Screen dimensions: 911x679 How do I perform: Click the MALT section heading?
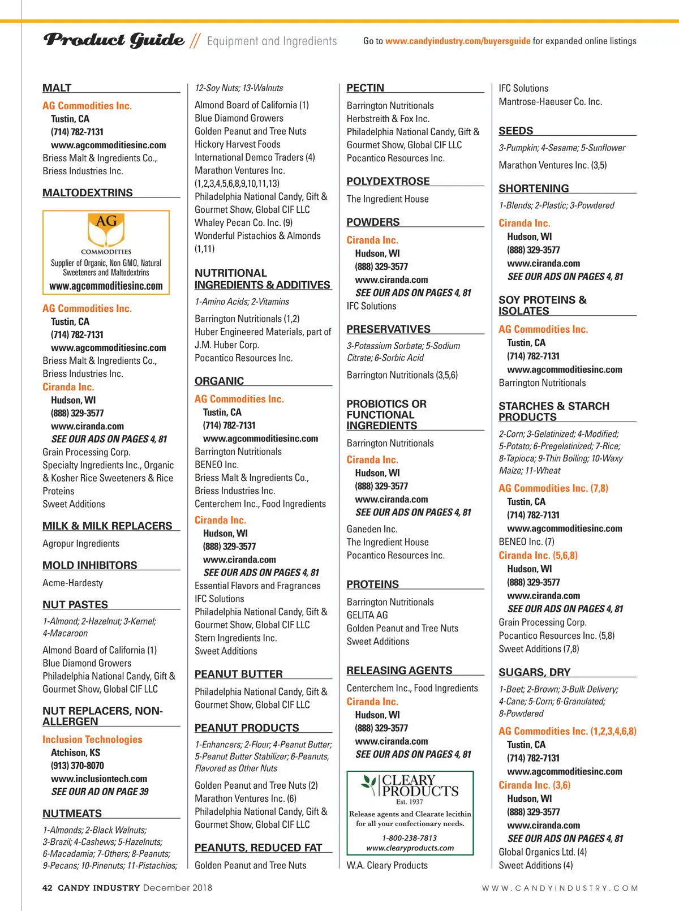coord(57,88)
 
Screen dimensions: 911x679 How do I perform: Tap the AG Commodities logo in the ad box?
coord(106,231)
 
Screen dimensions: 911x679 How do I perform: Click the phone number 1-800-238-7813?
coord(409,837)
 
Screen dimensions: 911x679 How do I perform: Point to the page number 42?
coord(48,888)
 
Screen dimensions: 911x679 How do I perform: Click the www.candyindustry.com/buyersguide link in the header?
coord(458,41)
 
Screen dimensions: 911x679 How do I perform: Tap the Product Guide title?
coord(114,40)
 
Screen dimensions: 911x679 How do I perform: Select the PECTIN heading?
coord(366,88)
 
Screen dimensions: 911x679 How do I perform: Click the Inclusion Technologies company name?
coord(92,739)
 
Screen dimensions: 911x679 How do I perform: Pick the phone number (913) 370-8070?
coord(78,766)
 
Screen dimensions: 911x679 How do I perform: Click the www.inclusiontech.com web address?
coord(99,779)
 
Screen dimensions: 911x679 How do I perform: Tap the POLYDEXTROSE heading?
coord(388,181)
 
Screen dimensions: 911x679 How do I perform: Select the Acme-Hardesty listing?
coord(73,583)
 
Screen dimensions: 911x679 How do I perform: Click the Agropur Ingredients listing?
coord(81,543)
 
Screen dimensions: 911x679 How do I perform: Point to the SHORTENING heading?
coord(534,188)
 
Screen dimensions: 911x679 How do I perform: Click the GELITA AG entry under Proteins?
coord(367,615)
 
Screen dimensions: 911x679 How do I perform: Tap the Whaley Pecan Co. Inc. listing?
coord(244,222)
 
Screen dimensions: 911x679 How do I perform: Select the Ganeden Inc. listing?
coord(372,529)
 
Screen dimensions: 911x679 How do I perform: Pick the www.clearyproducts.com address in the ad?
coord(410,848)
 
